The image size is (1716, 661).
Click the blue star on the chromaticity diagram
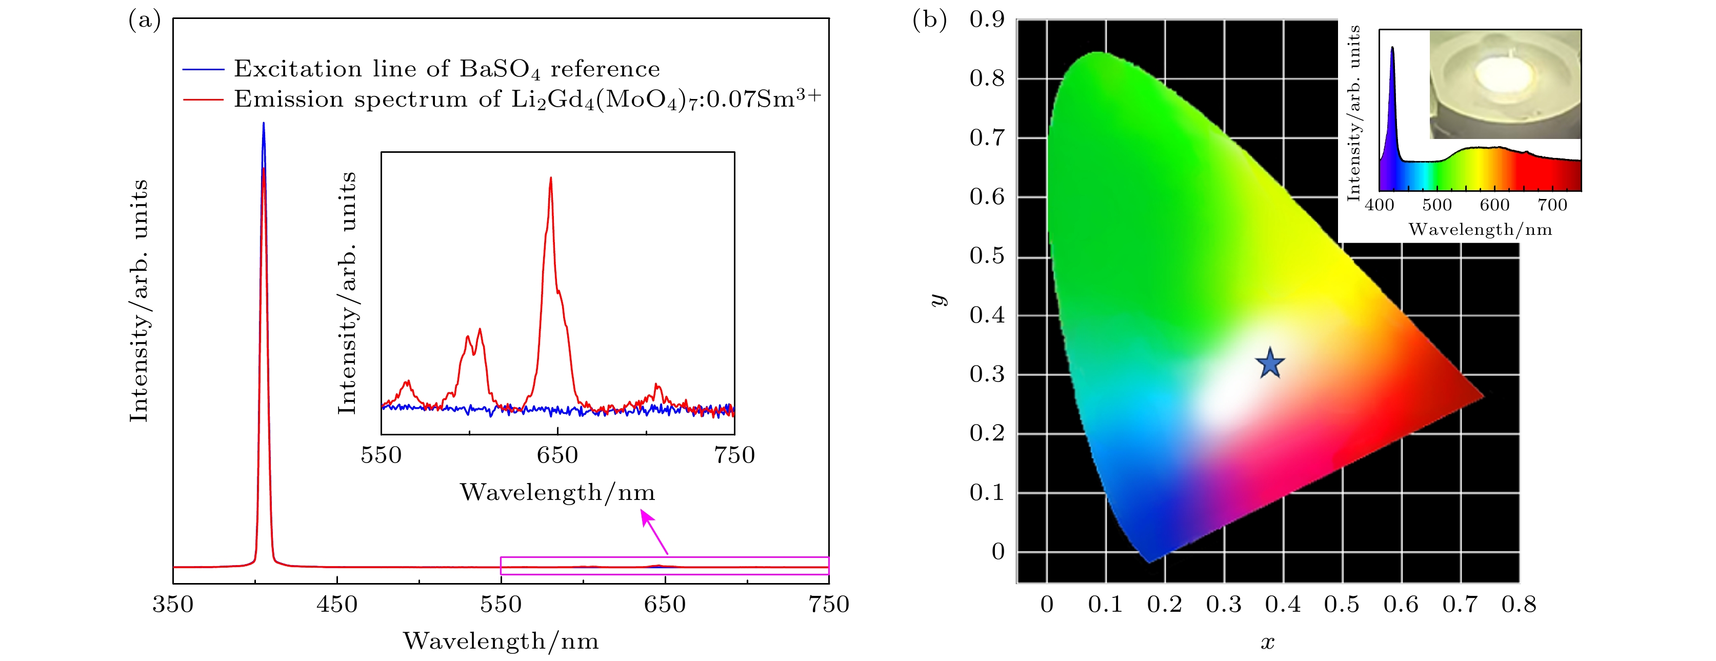click(x=1270, y=364)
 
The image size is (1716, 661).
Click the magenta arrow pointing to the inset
click(x=654, y=531)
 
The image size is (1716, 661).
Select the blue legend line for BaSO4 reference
click(x=203, y=69)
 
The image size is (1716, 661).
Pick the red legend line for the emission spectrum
click(x=203, y=99)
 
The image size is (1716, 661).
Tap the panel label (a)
click(x=145, y=21)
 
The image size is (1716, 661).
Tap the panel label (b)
click(x=929, y=21)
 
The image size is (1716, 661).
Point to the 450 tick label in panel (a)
click(x=337, y=605)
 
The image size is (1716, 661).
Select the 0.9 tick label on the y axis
click(x=987, y=19)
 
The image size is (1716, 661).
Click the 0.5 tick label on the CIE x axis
click(x=1342, y=605)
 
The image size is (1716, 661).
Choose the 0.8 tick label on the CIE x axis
click(x=1519, y=605)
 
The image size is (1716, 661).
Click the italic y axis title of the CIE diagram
click(x=939, y=300)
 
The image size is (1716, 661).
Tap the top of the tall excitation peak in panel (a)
click(x=264, y=125)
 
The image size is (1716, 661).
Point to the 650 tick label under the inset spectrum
click(x=557, y=455)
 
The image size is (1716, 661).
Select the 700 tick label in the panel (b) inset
click(x=1552, y=205)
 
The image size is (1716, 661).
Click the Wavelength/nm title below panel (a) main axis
click(x=501, y=641)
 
